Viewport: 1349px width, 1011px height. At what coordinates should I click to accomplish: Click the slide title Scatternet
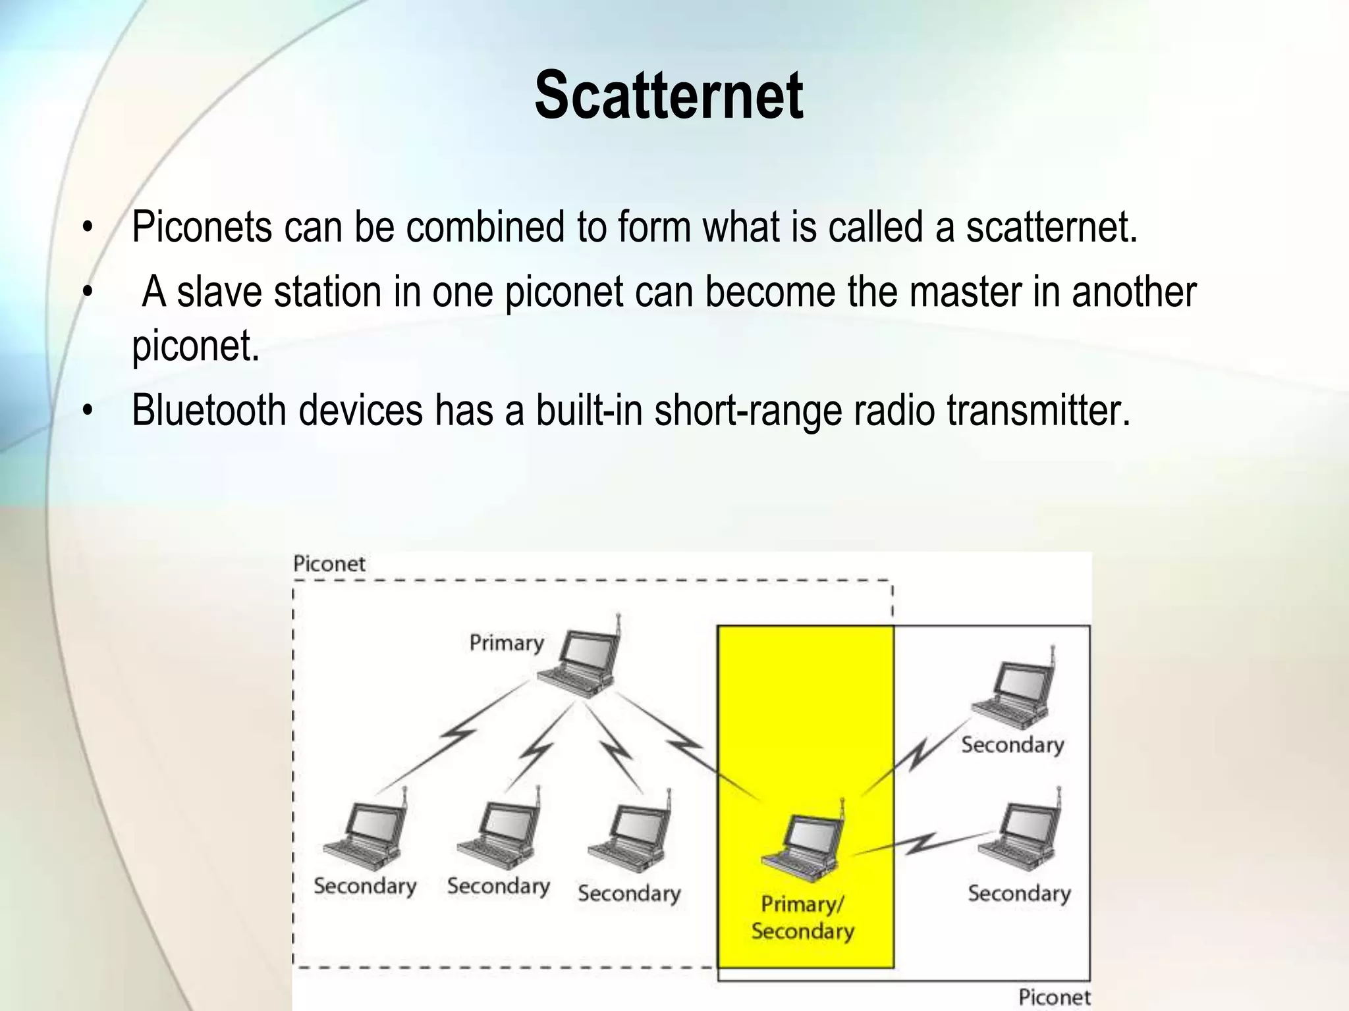(x=668, y=96)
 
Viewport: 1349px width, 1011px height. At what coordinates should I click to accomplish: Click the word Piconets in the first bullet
(x=202, y=227)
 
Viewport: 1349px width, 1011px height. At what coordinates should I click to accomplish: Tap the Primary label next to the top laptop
(x=506, y=642)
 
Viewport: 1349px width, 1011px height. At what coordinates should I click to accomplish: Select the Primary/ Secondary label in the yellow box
(x=802, y=918)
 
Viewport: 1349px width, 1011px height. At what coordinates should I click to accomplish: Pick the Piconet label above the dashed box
(x=329, y=564)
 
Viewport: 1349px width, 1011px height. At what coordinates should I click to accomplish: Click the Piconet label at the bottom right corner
(x=1054, y=997)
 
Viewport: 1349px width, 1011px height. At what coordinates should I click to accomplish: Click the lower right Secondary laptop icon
(x=1022, y=833)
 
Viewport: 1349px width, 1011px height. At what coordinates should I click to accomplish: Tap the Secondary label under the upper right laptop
(x=1012, y=745)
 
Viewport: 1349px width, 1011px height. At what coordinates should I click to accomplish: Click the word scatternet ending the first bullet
(x=1051, y=227)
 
